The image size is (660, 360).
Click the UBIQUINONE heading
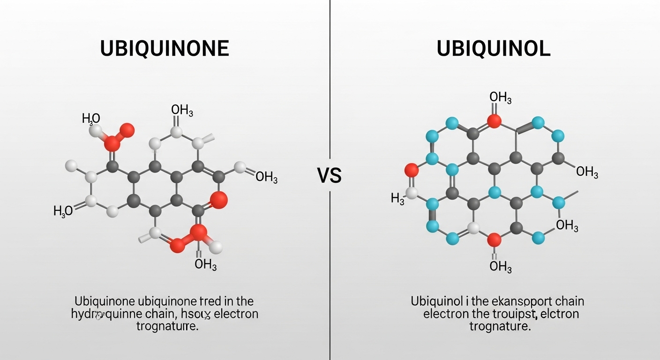pyautogui.click(x=165, y=49)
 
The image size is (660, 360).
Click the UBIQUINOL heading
pyautogui.click(x=494, y=49)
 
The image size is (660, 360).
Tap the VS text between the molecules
pyautogui.click(x=330, y=176)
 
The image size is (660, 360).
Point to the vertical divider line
pyautogui.click(x=330, y=94)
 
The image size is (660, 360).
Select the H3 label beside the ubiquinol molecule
pyautogui.click(x=397, y=199)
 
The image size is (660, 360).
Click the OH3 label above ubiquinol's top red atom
pyautogui.click(x=500, y=98)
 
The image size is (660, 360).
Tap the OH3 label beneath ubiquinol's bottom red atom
pyautogui.click(x=500, y=267)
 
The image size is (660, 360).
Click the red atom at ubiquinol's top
pyautogui.click(x=494, y=121)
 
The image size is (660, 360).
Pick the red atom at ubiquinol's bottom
pyautogui.click(x=494, y=240)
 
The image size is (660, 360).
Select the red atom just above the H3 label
pyautogui.click(x=411, y=169)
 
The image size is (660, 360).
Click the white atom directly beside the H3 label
pyautogui.click(x=412, y=193)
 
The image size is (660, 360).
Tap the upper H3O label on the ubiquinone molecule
pyautogui.click(x=91, y=119)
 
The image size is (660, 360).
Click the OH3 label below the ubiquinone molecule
pyautogui.click(x=205, y=264)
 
